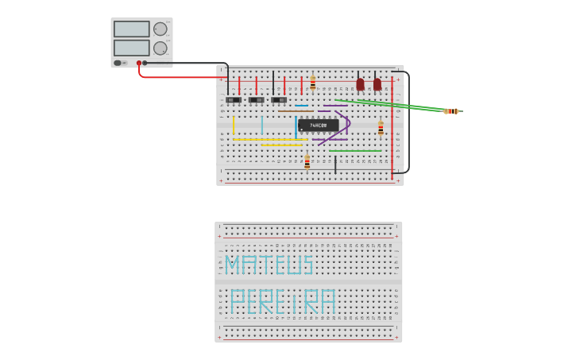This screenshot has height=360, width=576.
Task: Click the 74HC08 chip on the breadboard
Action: pos(318,125)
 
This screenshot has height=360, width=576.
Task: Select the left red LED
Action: pos(360,84)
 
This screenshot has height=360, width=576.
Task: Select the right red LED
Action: pos(377,84)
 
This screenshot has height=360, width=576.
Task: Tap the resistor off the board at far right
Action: pos(452,111)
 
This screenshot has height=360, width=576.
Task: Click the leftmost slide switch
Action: pos(233,100)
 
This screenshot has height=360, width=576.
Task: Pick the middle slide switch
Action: pos(256,100)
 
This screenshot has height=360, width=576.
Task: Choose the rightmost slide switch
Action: pos(278,100)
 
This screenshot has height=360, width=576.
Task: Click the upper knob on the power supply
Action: pos(160,29)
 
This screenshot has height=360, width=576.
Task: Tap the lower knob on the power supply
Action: pos(160,48)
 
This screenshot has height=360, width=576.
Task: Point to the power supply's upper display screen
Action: pos(131,29)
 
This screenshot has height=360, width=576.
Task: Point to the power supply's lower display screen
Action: pos(131,48)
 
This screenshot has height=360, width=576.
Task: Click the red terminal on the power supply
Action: pos(138,63)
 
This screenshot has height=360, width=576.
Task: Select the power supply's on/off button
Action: pos(118,63)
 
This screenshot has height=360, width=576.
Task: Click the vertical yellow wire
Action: pos(234,126)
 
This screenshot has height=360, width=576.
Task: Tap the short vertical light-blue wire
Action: pos(261,125)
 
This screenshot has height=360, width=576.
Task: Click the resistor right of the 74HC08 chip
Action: pos(381,128)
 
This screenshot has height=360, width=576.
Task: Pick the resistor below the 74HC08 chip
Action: pos(307,162)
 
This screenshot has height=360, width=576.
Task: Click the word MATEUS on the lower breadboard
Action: pos(269,265)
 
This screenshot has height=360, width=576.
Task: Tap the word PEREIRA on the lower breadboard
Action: pos(283,302)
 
